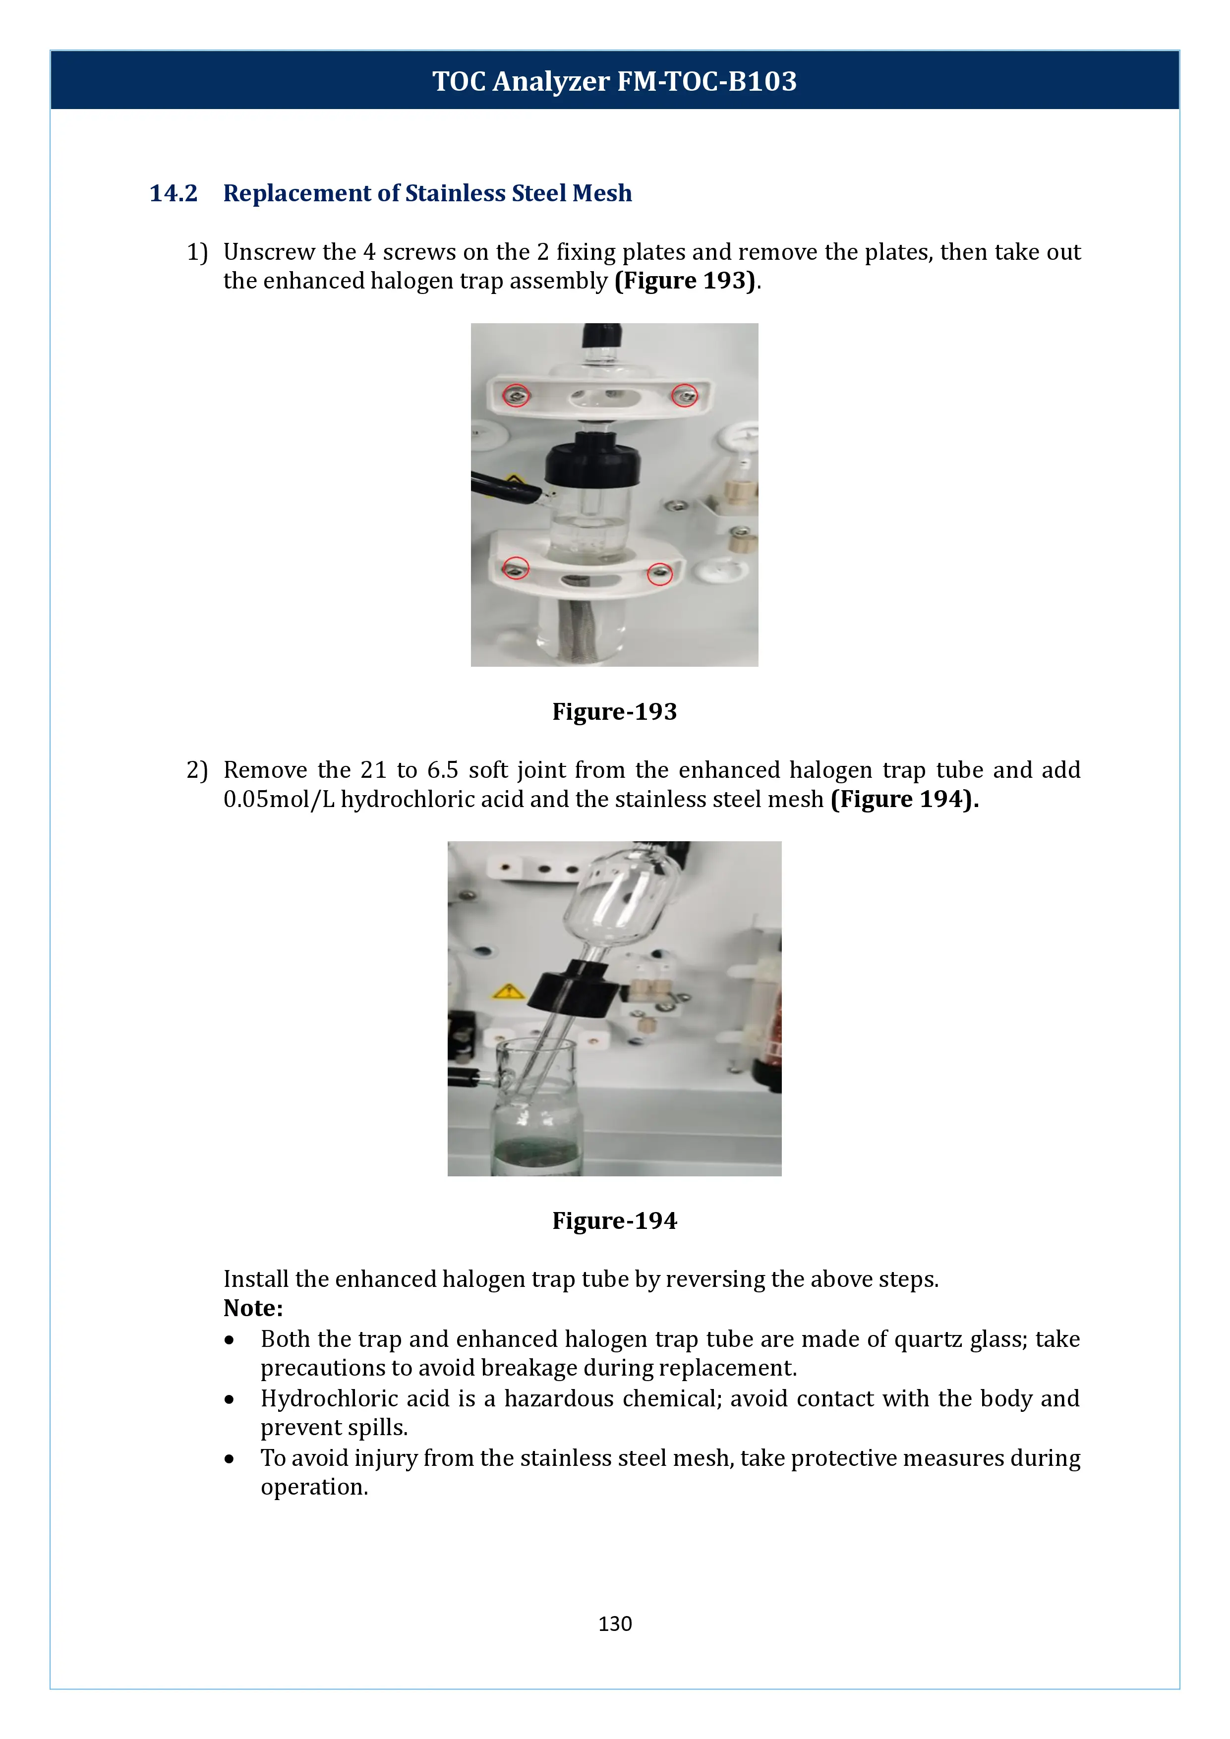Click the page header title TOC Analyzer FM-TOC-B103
pos(614,81)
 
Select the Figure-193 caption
pos(614,711)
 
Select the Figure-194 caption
pos(614,1220)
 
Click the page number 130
pos(614,1623)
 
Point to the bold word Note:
pos(253,1308)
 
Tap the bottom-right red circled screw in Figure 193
pos(660,574)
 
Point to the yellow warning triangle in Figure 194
pos(508,991)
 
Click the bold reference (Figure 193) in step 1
pos(685,281)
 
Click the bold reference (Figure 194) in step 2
pos(904,799)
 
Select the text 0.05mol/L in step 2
pos(279,799)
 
